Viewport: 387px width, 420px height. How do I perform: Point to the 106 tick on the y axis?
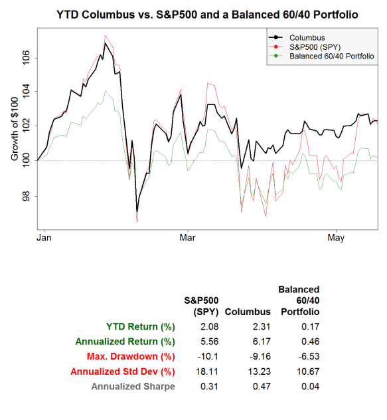(26, 58)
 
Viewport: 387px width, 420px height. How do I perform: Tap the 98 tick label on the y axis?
(26, 196)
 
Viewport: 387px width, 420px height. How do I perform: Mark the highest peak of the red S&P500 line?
(106, 35)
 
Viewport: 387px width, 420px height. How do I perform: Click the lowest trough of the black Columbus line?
(137, 211)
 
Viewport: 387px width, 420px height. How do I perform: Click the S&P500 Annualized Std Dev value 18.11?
(208, 371)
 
